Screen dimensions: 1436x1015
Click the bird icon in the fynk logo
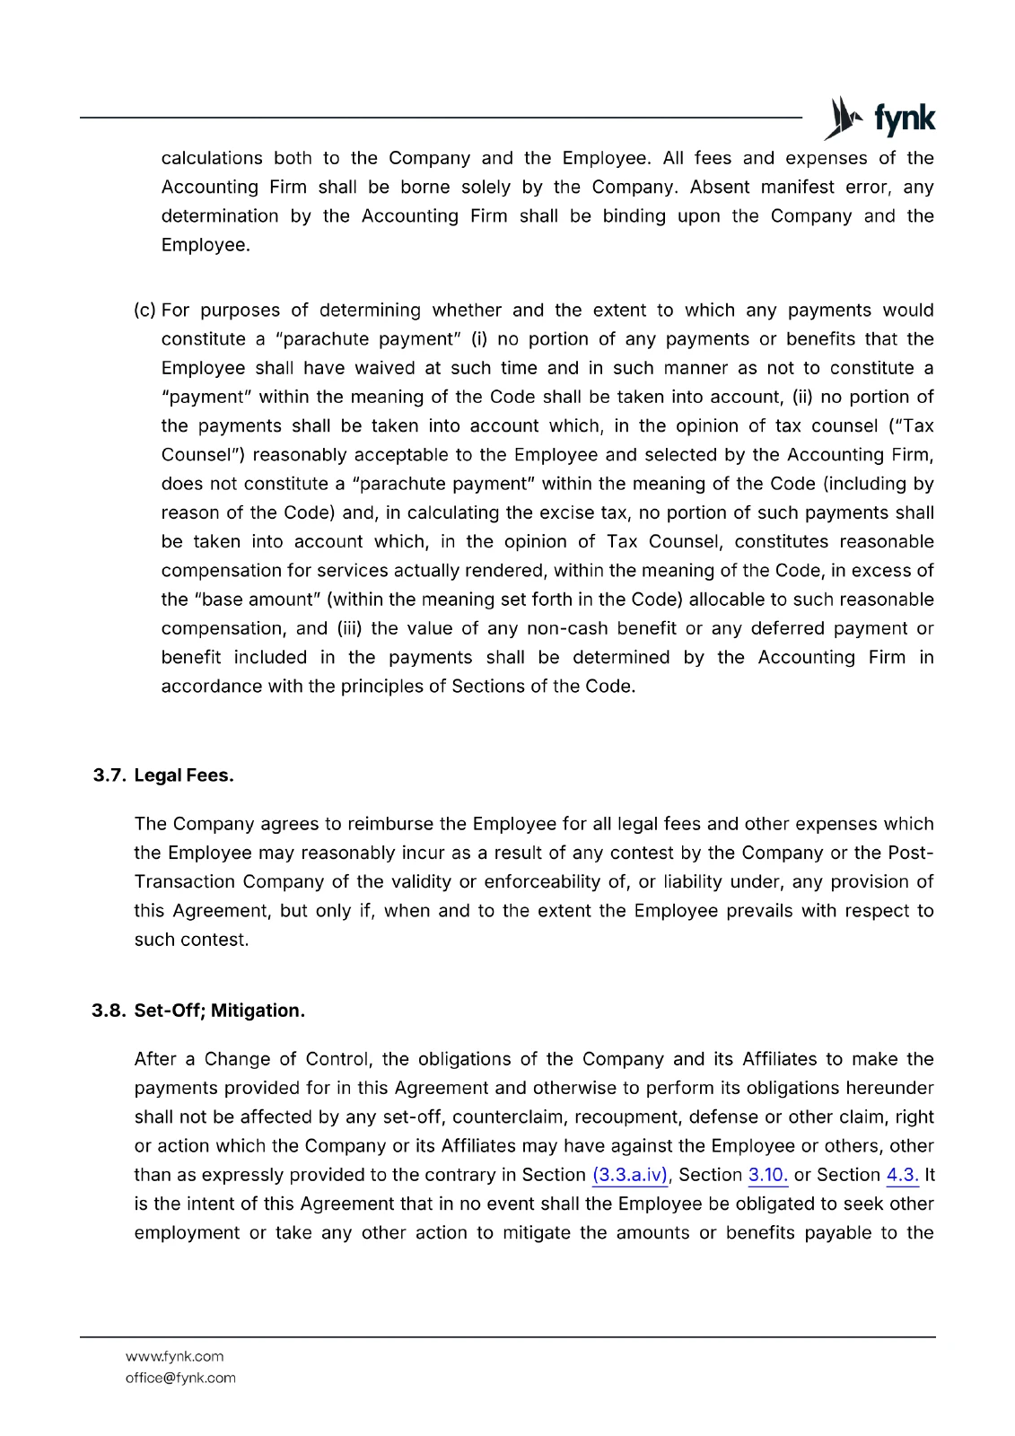tap(842, 118)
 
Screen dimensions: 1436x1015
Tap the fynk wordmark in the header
tap(904, 118)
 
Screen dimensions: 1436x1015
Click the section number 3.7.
tap(109, 775)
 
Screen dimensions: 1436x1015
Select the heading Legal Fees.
tap(184, 775)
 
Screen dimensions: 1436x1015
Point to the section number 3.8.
tap(109, 1011)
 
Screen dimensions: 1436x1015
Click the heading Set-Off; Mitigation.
tap(220, 1011)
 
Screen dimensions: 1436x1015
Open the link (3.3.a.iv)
tap(630, 1175)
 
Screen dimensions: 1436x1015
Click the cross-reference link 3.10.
tap(767, 1175)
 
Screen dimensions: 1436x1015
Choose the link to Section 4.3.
tap(902, 1175)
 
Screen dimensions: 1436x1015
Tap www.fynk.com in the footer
tap(175, 1356)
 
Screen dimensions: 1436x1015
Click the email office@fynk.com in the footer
tap(180, 1378)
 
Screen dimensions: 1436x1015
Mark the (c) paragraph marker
tap(144, 311)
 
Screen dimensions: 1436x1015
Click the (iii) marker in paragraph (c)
tap(349, 628)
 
